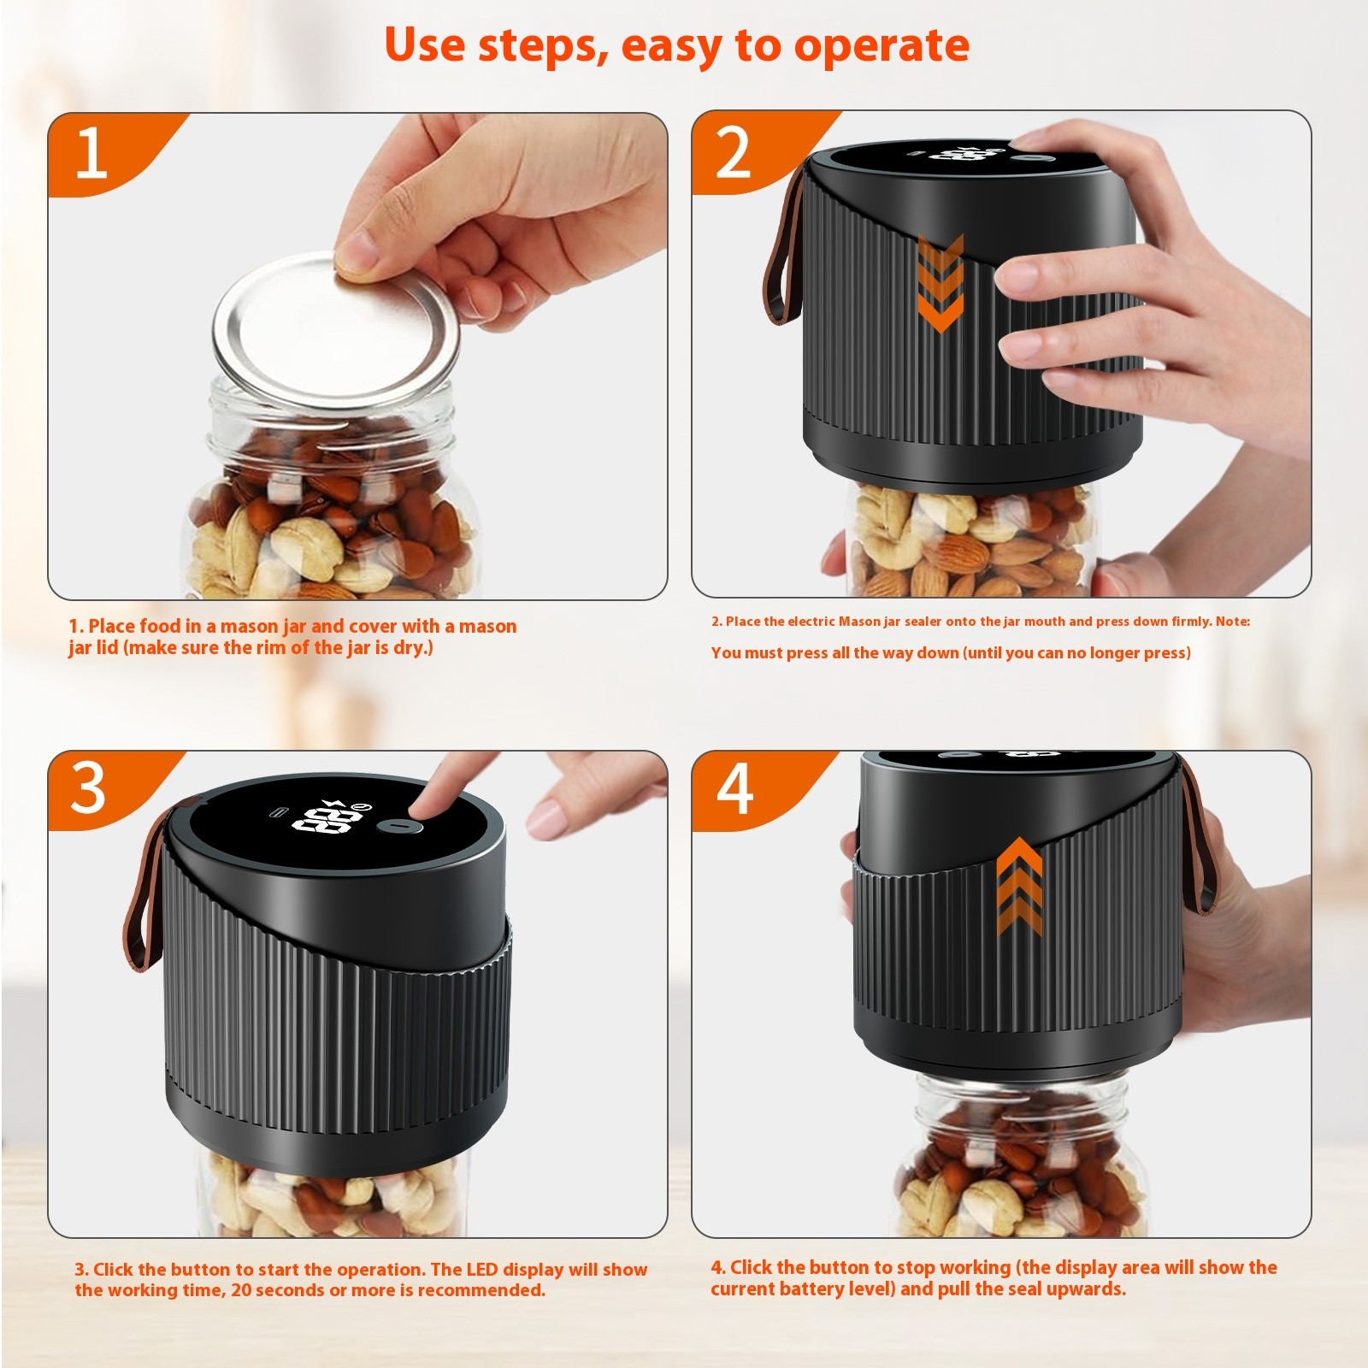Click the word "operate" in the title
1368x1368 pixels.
click(x=882, y=45)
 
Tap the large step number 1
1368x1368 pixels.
click(x=91, y=155)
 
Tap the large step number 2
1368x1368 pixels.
click(x=733, y=155)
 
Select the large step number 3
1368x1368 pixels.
click(x=88, y=789)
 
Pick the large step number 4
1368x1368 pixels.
click(x=734, y=789)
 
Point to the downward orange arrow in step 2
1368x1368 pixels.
click(x=940, y=283)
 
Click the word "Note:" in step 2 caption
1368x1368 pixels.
click(x=1232, y=622)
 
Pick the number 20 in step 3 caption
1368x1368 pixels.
click(x=241, y=1290)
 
